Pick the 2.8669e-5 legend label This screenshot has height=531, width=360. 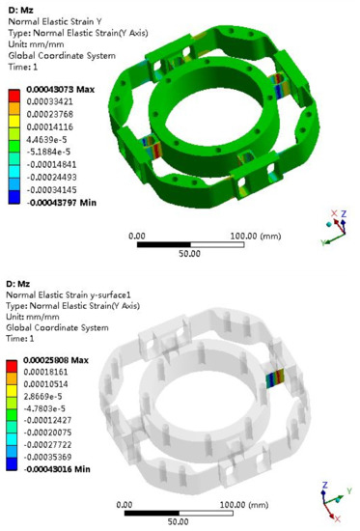pyautogui.click(x=46, y=399)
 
